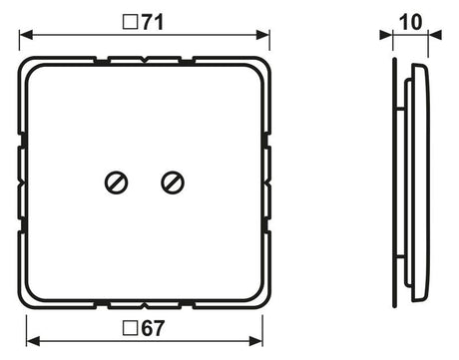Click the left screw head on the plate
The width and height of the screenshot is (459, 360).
coord(117,182)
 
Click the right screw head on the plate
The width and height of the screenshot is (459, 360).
coord(173,182)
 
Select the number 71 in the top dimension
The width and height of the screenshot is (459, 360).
coord(153,23)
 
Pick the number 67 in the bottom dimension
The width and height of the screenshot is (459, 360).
coord(153,328)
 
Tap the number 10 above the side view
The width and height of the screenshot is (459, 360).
coord(410,23)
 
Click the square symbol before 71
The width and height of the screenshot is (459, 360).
coord(131,22)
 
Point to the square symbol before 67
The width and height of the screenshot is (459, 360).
coord(131,328)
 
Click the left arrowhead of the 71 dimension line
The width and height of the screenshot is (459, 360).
coord(26,35)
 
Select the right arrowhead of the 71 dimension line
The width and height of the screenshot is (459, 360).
coord(262,35)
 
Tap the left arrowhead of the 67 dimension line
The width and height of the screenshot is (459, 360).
coord(33,341)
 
